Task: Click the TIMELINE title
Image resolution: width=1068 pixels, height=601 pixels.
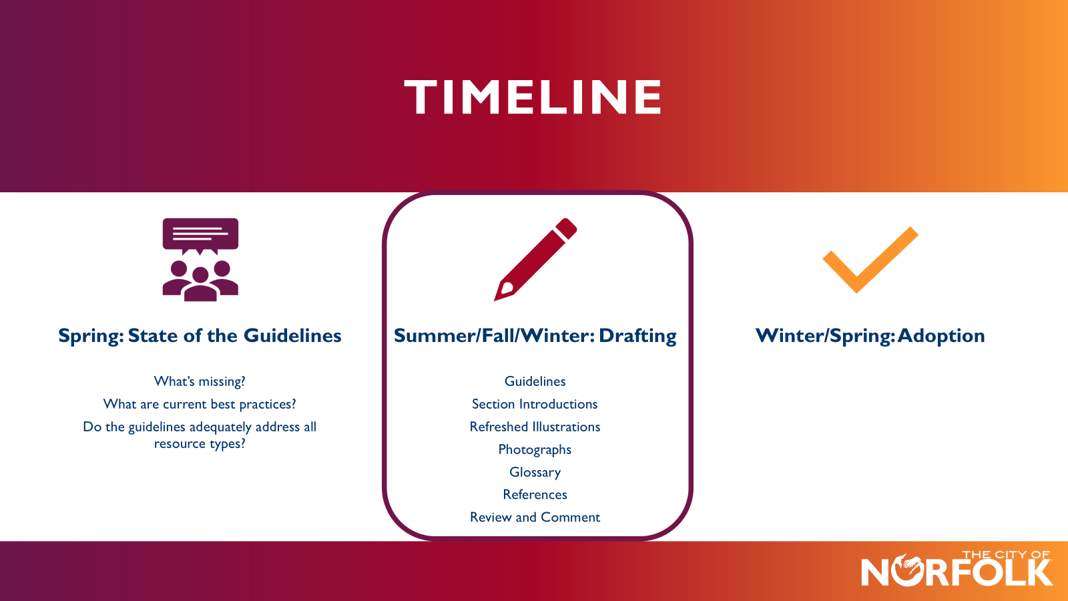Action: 533,97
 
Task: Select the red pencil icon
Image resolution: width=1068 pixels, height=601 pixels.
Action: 535,259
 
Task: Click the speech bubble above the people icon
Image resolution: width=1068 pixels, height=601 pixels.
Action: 200,234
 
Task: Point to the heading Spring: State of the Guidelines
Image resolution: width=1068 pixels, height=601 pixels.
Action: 200,335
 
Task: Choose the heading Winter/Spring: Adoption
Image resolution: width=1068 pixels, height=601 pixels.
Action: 870,335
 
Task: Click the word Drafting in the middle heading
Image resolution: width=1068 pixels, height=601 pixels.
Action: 637,335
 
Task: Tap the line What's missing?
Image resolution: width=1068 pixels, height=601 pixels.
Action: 200,381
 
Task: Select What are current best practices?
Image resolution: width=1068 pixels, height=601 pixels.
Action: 200,404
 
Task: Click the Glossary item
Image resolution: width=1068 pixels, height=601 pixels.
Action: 535,472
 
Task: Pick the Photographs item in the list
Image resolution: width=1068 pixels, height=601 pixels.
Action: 535,449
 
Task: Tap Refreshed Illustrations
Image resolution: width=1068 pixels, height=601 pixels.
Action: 535,427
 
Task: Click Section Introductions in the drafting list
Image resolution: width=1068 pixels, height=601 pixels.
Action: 535,404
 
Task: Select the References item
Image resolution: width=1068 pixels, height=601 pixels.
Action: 535,495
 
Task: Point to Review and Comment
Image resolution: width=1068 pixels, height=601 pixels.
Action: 535,518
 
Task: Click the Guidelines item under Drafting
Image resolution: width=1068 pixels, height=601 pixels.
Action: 535,381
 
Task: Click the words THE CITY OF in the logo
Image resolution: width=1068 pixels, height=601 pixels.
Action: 1006,554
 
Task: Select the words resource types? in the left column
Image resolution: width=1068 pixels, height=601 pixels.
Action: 200,444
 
